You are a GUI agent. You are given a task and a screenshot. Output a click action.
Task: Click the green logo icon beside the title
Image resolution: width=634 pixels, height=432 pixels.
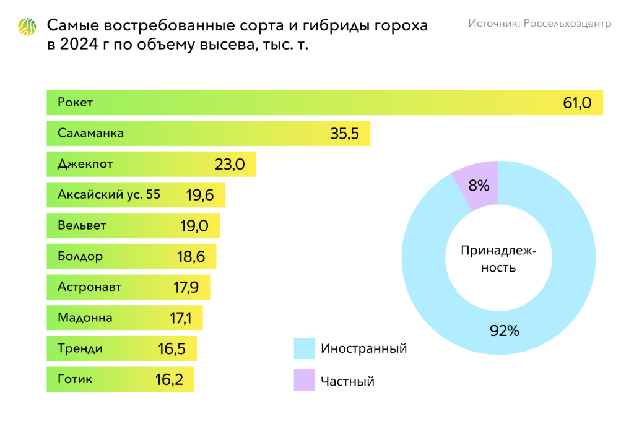point(27,27)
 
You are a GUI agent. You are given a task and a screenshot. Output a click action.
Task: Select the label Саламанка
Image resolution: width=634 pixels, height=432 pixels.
point(90,133)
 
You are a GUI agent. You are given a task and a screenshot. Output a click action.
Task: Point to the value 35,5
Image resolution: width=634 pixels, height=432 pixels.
point(345,134)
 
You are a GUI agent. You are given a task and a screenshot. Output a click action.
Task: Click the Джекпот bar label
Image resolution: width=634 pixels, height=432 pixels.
point(85,164)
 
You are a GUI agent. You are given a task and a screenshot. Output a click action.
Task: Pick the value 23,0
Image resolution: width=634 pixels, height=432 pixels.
point(230,165)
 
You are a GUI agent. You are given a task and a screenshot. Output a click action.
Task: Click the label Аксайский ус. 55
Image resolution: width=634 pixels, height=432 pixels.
point(109,194)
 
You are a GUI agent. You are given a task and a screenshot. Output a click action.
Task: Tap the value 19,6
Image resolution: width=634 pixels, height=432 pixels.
point(200,196)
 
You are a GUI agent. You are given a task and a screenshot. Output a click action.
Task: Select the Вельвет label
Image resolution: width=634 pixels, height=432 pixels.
point(82,225)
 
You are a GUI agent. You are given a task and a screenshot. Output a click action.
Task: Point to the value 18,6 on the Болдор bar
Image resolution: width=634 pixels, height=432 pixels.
point(191,257)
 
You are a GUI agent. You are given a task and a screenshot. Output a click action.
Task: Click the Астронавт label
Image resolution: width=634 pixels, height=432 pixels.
point(89,287)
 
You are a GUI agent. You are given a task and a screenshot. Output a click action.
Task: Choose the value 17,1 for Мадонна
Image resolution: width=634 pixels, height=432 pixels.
point(180,319)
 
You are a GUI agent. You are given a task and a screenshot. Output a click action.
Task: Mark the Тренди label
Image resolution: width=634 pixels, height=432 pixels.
point(80,348)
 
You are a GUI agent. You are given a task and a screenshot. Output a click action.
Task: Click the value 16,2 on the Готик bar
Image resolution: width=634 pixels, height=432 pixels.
point(169,380)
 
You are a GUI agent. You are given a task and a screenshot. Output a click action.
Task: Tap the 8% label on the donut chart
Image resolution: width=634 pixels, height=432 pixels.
point(479,185)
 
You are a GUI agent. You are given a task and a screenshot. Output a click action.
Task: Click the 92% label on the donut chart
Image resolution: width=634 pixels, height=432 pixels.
point(504,331)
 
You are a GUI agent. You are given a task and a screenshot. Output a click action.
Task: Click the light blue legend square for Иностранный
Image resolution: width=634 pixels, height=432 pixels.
point(304,348)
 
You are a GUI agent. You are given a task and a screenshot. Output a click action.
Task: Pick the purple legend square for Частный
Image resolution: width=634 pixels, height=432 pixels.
point(304,380)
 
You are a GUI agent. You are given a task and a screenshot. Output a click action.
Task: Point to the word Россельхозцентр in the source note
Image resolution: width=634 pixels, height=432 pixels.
point(567,24)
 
